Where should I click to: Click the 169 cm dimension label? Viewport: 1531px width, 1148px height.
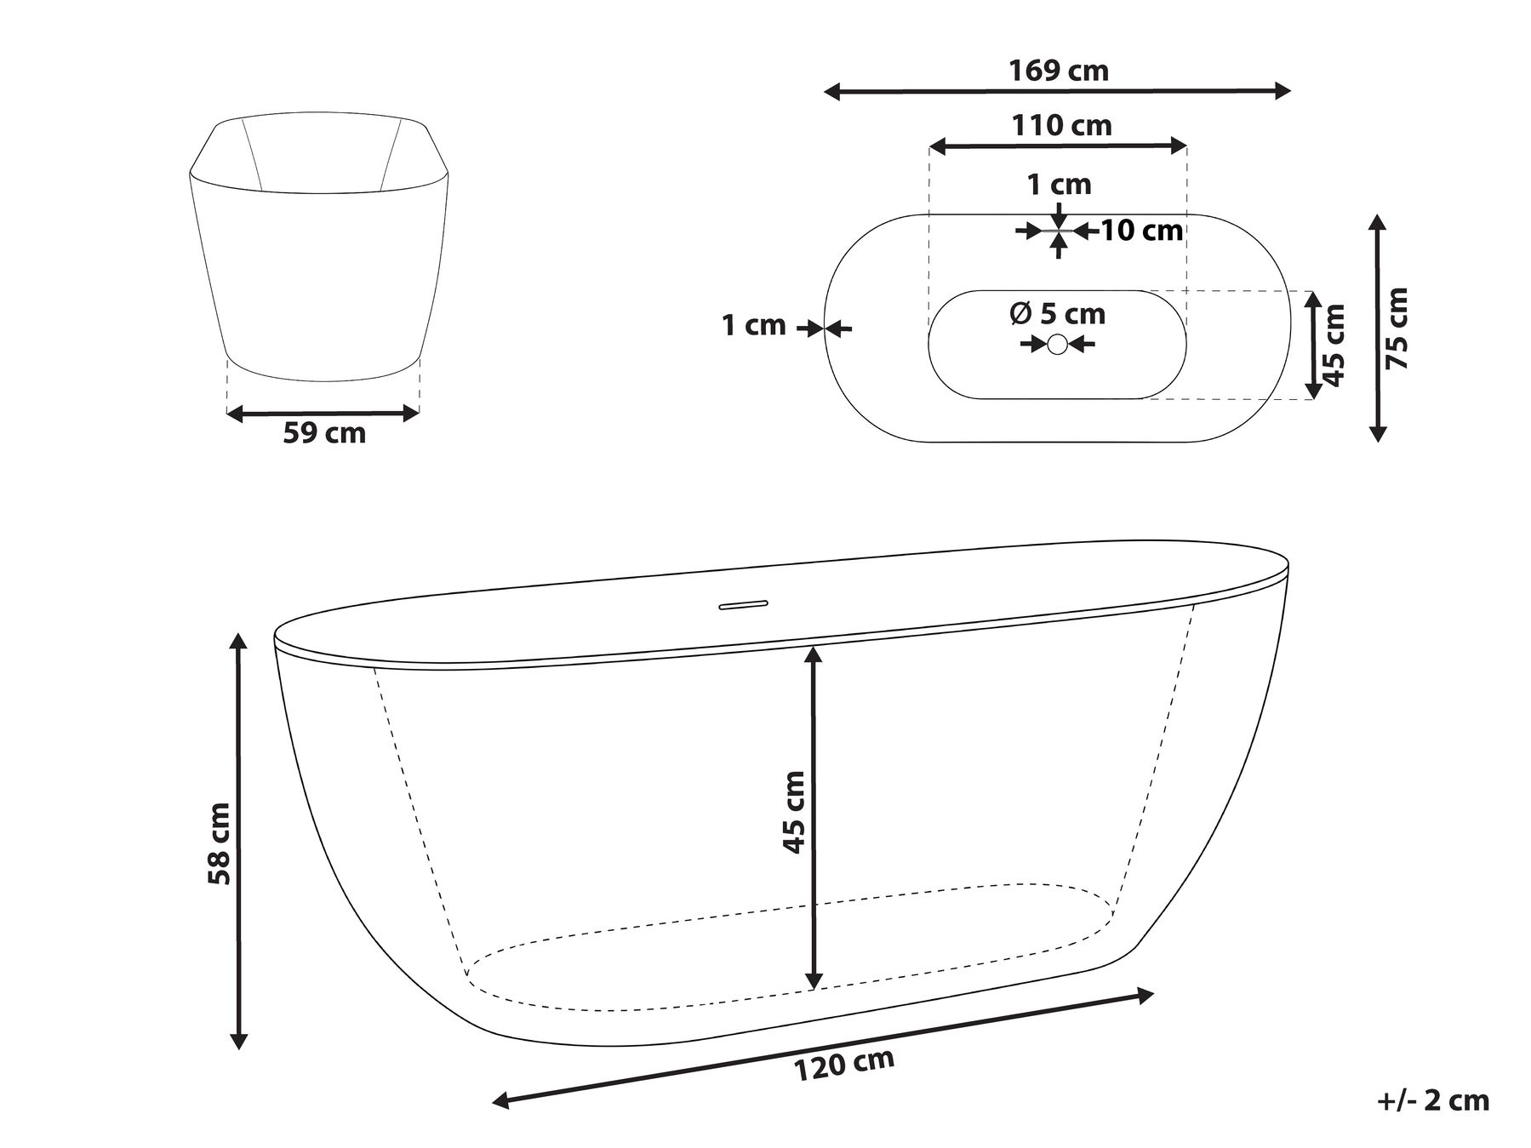coord(1059,71)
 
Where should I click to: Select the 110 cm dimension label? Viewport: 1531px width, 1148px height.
coord(1061,126)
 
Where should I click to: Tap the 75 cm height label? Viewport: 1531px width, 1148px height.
coord(1397,328)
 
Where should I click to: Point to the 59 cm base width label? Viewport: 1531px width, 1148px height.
coord(324,432)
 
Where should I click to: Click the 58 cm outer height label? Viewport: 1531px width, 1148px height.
coord(220,843)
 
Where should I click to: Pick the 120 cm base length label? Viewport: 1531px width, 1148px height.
coord(844,1065)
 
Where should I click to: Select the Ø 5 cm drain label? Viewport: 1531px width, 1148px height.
coord(1057,314)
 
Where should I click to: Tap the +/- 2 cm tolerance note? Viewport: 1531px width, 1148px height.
coord(1433,1100)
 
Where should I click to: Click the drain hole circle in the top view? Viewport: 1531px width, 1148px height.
coord(1057,344)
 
